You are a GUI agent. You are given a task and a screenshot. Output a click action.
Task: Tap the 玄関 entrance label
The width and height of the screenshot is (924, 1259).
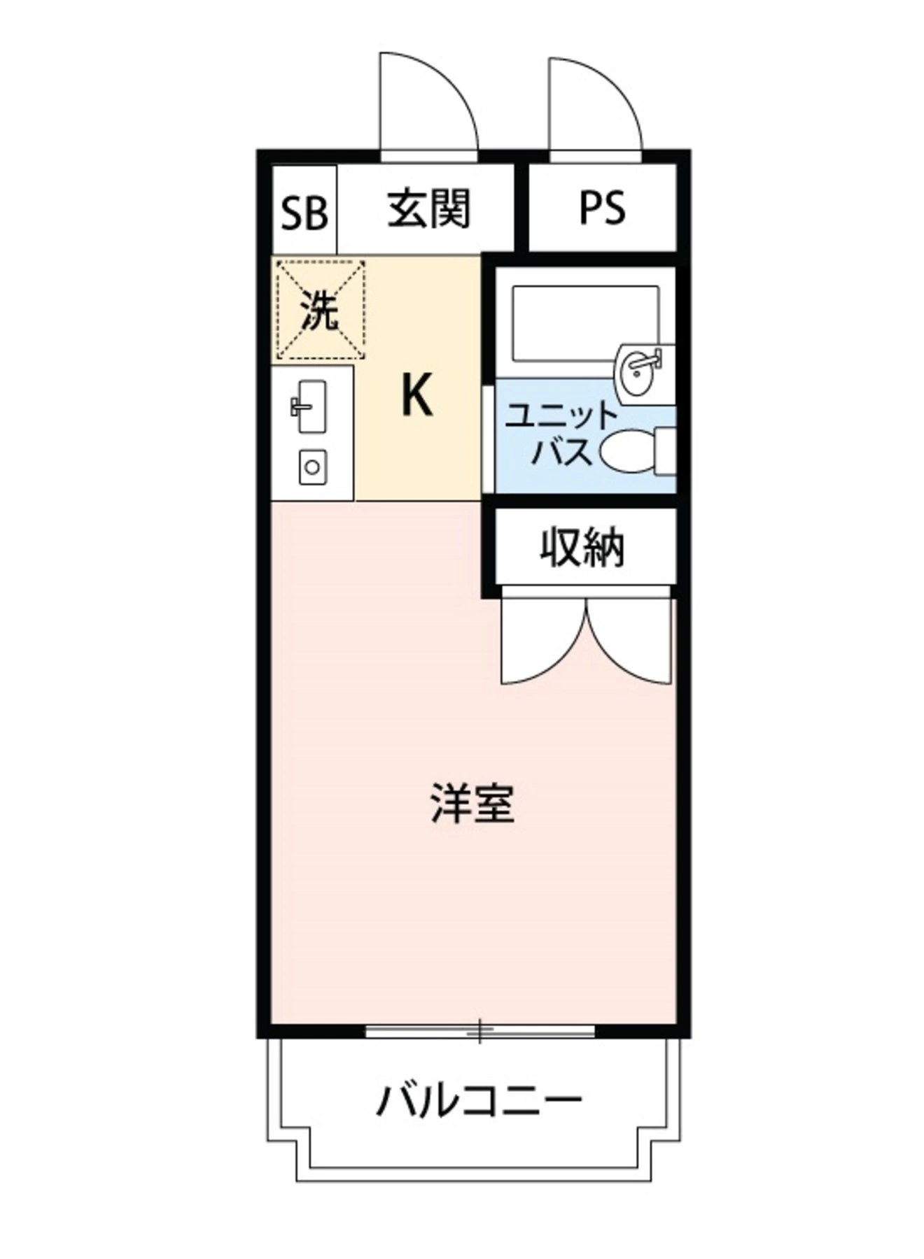(428, 208)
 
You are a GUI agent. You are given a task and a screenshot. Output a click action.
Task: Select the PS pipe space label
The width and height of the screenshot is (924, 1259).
(601, 208)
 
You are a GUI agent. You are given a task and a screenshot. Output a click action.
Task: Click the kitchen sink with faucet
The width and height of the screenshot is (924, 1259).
(309, 406)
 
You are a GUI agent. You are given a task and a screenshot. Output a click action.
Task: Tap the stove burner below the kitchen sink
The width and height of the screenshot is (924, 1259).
(312, 467)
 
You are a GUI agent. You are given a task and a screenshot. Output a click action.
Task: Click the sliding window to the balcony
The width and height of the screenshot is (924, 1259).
(480, 1030)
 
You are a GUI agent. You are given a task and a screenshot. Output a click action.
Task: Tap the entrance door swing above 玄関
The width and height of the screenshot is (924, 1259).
(427, 105)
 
